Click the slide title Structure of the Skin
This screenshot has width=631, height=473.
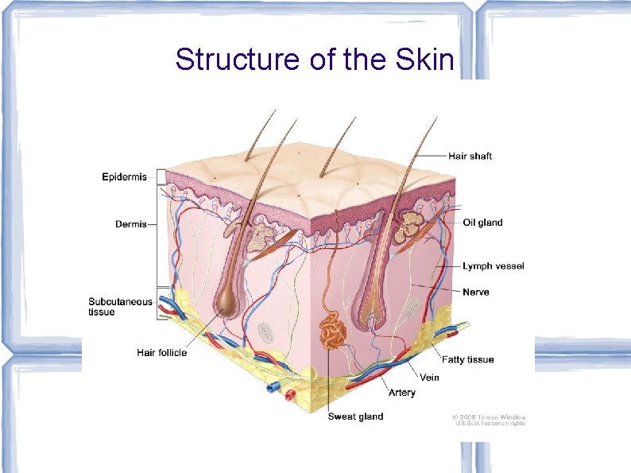tap(314, 60)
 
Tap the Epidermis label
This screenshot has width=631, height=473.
tap(124, 177)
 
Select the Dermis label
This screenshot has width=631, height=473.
tap(131, 224)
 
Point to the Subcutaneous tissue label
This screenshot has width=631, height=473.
tap(119, 307)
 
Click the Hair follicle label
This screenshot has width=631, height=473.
tap(162, 352)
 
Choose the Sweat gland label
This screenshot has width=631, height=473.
tap(355, 417)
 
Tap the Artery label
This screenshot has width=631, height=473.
tap(401, 393)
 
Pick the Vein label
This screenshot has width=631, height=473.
tap(429, 378)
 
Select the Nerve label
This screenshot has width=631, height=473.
tap(476, 293)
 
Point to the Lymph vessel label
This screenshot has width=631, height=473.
tap(494, 266)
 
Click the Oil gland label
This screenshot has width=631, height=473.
tap(482, 223)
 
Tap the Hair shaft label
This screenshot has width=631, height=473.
tap(470, 157)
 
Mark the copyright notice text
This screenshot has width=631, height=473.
tap(490, 421)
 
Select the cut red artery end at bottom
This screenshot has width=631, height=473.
tap(290, 394)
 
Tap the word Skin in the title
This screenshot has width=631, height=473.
tap(424, 60)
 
